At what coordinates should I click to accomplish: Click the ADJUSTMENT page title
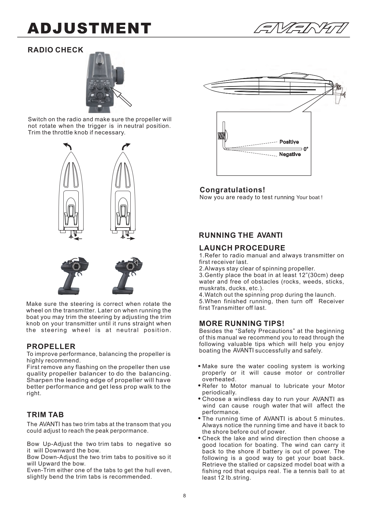89,28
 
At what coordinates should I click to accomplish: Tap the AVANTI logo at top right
301,28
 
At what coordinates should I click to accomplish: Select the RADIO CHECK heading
55,50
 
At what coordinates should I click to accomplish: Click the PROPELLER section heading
51,346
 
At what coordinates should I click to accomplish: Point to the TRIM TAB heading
45,415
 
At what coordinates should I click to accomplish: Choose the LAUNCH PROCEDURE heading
242,248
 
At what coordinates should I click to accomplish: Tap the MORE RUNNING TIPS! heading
242,324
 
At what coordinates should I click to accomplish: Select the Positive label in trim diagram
289,142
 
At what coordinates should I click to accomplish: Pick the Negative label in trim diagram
290,154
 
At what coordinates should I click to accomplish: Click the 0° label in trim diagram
306,149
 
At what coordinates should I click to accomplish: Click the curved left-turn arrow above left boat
68,146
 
